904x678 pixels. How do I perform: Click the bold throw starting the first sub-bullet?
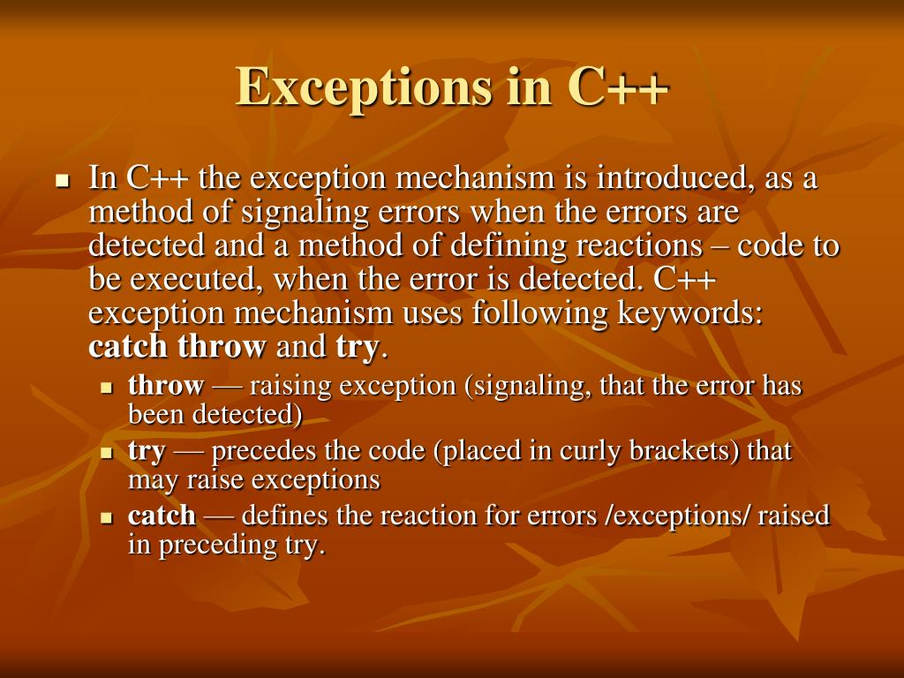point(166,386)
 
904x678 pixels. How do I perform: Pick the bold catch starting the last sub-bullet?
point(162,516)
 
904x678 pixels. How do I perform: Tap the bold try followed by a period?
point(356,347)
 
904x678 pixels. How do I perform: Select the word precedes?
point(267,451)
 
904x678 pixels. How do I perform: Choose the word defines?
point(284,516)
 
